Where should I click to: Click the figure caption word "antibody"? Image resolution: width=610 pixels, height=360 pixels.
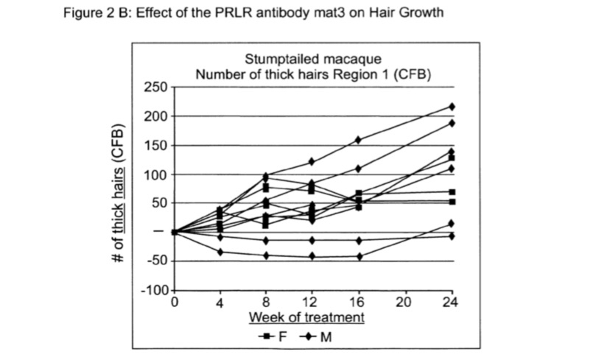click(x=264, y=13)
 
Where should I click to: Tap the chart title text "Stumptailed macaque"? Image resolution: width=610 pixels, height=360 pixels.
click(x=313, y=60)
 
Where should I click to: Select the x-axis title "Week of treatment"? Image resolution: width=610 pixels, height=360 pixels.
click(x=306, y=317)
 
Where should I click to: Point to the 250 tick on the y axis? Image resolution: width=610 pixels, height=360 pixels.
click(x=156, y=88)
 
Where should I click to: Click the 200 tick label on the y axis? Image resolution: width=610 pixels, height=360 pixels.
click(x=156, y=116)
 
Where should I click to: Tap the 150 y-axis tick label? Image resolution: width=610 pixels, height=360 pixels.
click(x=156, y=146)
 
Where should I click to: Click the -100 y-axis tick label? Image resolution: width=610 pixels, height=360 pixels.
click(x=153, y=290)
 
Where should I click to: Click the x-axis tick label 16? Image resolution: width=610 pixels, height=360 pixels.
click(x=359, y=302)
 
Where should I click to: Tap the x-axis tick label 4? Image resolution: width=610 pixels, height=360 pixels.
click(x=220, y=302)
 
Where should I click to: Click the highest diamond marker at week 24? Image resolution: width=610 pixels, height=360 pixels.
click(x=452, y=107)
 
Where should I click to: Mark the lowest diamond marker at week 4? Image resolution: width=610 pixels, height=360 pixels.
click(x=220, y=252)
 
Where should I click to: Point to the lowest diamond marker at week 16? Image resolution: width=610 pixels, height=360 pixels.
click(x=359, y=256)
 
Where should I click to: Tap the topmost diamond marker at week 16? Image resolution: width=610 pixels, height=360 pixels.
click(x=359, y=139)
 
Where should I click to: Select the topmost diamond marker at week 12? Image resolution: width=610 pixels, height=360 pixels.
click(x=312, y=161)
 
